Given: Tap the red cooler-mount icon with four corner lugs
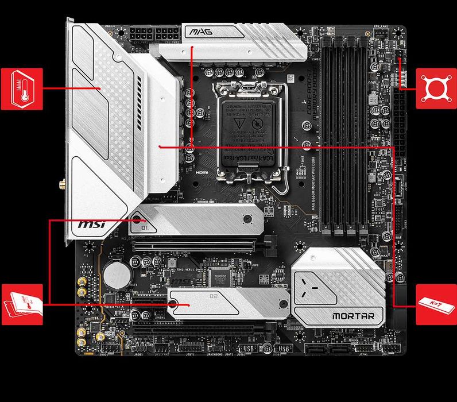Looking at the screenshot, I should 436,88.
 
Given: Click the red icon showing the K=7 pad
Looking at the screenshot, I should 436,304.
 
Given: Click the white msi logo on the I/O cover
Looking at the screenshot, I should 91,225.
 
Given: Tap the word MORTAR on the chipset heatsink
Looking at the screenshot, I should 353,316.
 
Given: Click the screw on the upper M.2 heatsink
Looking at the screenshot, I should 247,218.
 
